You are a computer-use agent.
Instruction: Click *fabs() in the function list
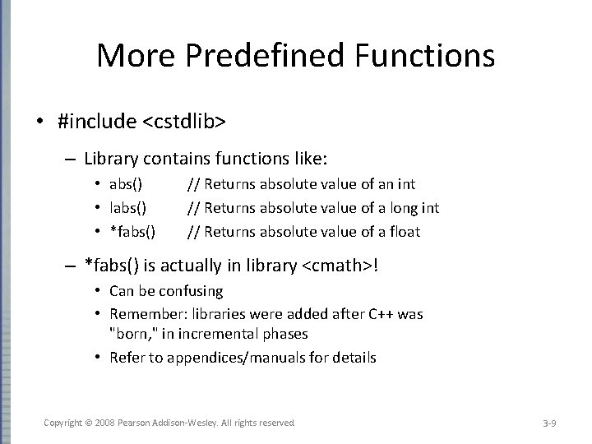coord(132,232)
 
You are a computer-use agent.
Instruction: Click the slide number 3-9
coord(550,423)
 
